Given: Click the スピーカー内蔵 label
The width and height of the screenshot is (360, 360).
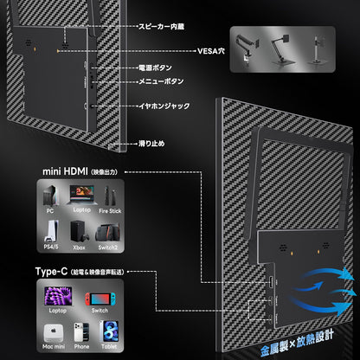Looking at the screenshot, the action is point(161,27).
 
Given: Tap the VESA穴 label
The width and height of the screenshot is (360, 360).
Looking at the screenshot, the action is point(211,51).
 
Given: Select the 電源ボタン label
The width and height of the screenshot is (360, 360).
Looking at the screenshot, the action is point(155,67).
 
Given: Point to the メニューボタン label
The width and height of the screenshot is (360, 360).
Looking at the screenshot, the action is point(161,81).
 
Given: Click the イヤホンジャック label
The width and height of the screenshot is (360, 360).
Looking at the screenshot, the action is point(164,106).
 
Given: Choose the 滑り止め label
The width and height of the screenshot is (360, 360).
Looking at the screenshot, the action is point(151,144).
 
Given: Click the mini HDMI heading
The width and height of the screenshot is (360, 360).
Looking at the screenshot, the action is point(65,171).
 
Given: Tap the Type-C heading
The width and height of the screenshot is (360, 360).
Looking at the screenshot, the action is point(51,272).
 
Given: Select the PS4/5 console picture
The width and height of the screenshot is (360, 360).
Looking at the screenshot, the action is point(51,231).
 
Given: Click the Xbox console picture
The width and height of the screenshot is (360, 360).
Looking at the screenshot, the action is point(79,232).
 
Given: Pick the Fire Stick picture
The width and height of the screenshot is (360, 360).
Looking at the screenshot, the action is point(110,196).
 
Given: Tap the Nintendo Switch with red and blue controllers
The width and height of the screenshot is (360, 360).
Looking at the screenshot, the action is point(100,299).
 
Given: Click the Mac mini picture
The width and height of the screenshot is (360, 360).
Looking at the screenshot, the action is point(54,333).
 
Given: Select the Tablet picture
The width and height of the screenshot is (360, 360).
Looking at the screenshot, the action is point(109,331).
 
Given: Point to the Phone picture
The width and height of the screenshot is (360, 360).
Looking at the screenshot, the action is point(81,332).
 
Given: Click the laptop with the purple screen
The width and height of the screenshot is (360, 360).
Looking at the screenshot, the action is point(58,297).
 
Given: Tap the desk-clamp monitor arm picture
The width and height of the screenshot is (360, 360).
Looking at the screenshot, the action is point(247,48).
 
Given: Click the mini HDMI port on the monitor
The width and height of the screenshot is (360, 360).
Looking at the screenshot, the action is point(271,282).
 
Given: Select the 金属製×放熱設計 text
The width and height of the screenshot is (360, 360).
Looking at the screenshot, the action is point(297,344).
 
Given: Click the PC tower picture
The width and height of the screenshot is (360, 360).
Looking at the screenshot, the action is point(51,196).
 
